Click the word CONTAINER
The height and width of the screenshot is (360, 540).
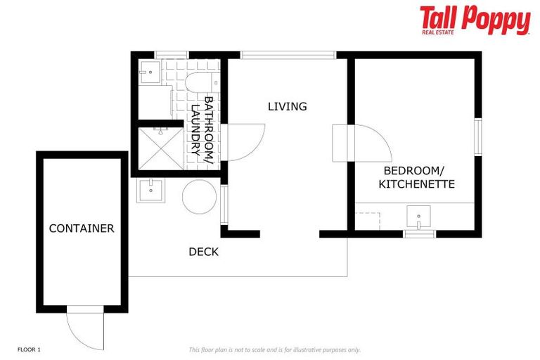click(x=82, y=229)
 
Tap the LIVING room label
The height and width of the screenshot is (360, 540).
click(x=288, y=107)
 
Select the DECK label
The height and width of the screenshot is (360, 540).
click(x=204, y=252)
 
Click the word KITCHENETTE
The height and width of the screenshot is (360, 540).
click(x=417, y=184)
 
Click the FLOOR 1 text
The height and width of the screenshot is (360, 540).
click(x=29, y=349)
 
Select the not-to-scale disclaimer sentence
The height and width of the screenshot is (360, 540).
click(x=274, y=349)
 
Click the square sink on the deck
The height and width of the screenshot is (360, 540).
click(x=150, y=190)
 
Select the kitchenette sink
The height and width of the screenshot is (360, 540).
click(x=419, y=216)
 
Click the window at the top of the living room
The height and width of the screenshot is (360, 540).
click(x=288, y=54)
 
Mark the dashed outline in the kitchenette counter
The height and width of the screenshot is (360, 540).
click(x=368, y=219)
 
